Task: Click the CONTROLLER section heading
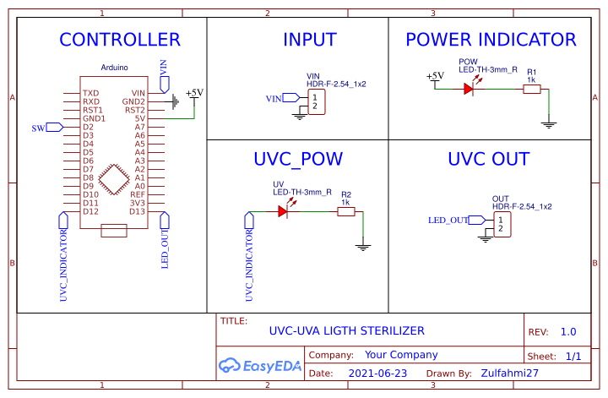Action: click(119, 40)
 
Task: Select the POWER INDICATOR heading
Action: click(491, 40)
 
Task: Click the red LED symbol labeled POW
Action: click(470, 88)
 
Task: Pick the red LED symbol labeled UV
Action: click(284, 211)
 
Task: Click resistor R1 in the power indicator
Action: click(531, 88)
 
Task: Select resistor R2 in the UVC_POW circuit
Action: click(345, 211)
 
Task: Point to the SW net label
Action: click(38, 128)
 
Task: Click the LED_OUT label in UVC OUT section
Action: click(448, 220)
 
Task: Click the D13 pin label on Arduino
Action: click(138, 211)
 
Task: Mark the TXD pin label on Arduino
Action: click(90, 93)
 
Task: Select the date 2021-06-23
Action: click(377, 373)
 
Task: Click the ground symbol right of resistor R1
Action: click(549, 125)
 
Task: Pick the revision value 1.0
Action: click(568, 332)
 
